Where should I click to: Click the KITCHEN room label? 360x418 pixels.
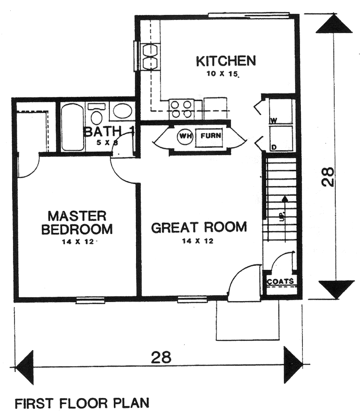(x=226, y=61)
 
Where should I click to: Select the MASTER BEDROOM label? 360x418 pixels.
(x=77, y=222)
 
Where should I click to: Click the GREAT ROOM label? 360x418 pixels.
(x=198, y=227)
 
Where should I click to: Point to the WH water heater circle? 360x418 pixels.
(x=185, y=135)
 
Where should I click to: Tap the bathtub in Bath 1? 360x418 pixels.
(x=72, y=126)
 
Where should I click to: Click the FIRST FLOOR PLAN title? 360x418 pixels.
(x=81, y=404)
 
